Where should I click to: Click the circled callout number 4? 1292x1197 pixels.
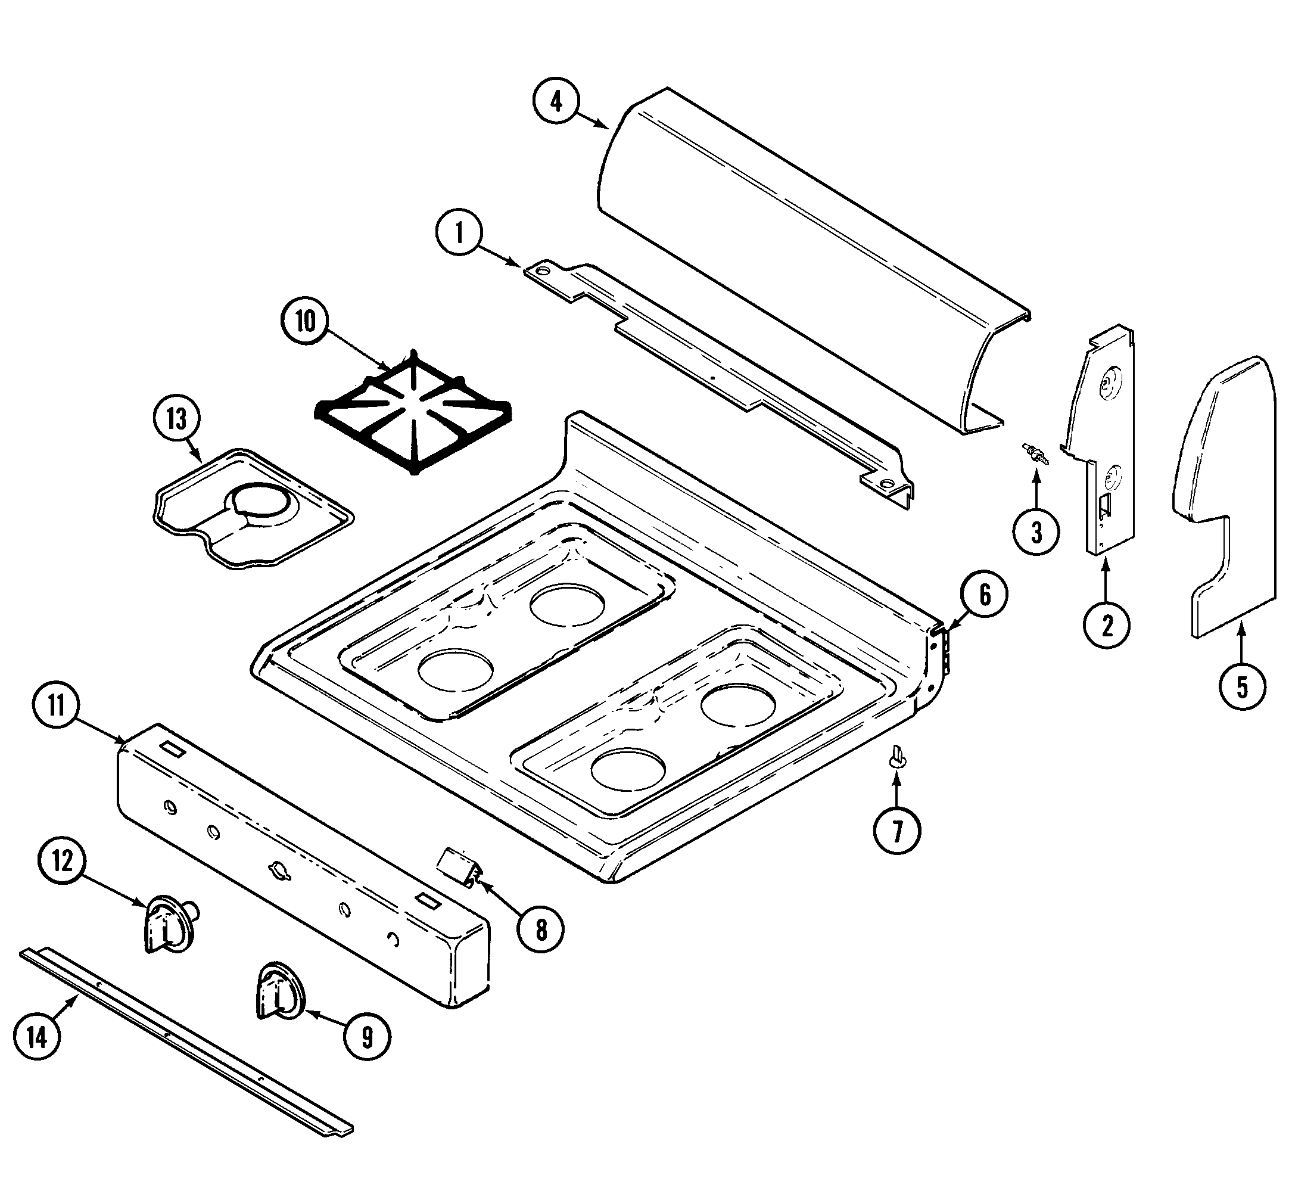pos(556,102)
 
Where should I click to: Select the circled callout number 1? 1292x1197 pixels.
pos(459,232)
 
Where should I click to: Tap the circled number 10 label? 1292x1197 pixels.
pos(305,321)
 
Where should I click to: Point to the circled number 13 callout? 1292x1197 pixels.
pos(177,419)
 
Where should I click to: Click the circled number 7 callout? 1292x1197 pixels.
pos(897,831)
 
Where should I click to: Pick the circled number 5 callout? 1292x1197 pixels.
pos(1241,686)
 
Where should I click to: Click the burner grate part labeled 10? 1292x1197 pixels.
pos(413,415)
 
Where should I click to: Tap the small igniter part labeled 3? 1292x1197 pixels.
pos(1035,453)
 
